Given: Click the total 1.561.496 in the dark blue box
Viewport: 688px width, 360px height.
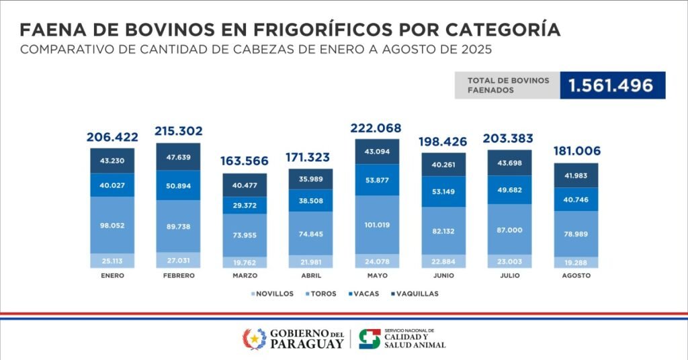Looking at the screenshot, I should [611, 85].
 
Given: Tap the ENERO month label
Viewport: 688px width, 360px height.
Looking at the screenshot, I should [112, 275].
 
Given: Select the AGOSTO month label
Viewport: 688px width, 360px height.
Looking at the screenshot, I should [576, 275].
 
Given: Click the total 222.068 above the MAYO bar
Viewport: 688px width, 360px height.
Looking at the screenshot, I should [376, 128].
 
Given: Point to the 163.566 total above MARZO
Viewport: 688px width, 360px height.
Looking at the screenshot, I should [245, 161].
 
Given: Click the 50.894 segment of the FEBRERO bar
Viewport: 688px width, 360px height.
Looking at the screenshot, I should [178, 185].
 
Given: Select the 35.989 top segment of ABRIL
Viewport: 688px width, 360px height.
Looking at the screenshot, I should [310, 178].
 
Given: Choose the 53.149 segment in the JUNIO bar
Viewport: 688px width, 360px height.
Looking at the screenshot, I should [443, 191].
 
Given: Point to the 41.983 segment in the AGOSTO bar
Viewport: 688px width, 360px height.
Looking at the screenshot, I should [576, 175].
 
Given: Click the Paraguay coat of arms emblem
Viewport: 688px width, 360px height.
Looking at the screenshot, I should [254, 339].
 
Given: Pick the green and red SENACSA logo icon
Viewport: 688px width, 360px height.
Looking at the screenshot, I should [369, 339].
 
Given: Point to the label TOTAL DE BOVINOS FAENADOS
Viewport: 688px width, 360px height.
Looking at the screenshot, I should [508, 85].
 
